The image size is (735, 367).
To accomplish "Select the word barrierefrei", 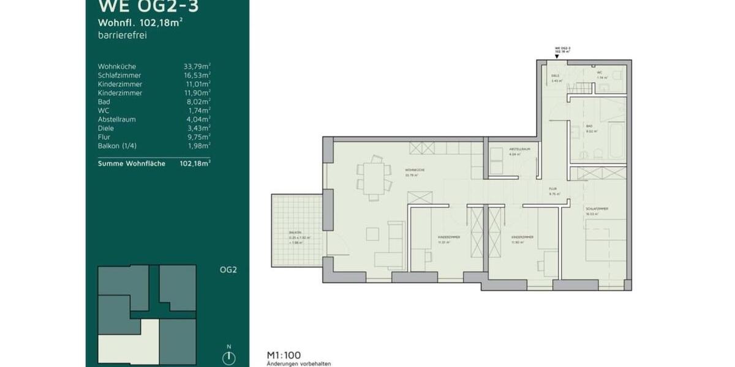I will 123,35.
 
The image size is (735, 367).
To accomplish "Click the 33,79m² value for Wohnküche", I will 197,66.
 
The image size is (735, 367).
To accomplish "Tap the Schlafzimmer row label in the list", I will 120,75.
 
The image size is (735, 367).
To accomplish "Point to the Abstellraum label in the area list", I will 117,119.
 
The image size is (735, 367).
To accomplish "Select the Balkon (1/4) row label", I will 119,146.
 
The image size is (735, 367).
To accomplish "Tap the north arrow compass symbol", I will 229,356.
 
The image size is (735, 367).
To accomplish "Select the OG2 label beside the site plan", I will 228,270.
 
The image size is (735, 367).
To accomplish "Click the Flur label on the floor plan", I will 554,190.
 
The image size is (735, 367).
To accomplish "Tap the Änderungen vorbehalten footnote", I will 299,363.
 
